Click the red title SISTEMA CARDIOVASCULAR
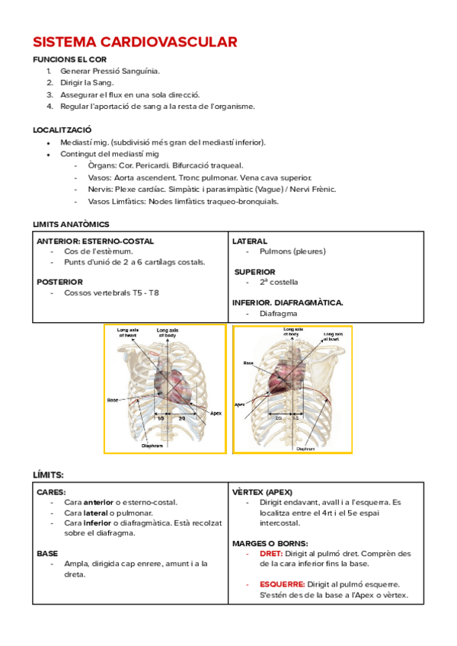click(135, 42)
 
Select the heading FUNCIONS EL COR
click(69, 59)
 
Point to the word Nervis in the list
click(100, 189)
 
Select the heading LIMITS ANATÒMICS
click(71, 224)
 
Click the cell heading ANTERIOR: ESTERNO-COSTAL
click(95, 241)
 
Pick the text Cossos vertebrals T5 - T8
click(111, 293)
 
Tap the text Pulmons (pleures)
click(292, 251)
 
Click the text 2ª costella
click(279, 282)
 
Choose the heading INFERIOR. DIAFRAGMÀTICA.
click(287, 302)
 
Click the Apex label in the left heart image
click(215, 414)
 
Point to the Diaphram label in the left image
click(153, 446)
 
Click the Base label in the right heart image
click(248, 363)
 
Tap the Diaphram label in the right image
click(305, 449)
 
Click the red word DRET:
click(271, 554)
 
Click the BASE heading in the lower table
click(47, 554)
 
